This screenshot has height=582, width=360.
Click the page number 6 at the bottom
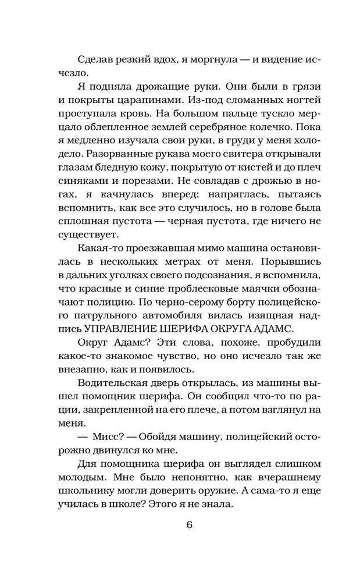pyautogui.click(x=189, y=523)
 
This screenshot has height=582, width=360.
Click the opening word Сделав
pyautogui.click(x=94, y=60)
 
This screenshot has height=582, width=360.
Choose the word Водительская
pyautogui.click(x=113, y=381)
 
